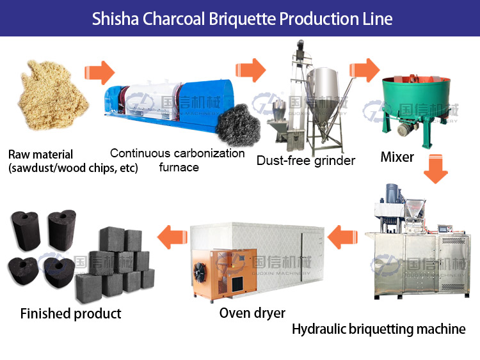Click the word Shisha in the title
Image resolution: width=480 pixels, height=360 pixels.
point(111,18)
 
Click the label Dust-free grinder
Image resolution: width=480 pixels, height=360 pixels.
point(305,160)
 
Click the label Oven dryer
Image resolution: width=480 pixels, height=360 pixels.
point(252,313)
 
